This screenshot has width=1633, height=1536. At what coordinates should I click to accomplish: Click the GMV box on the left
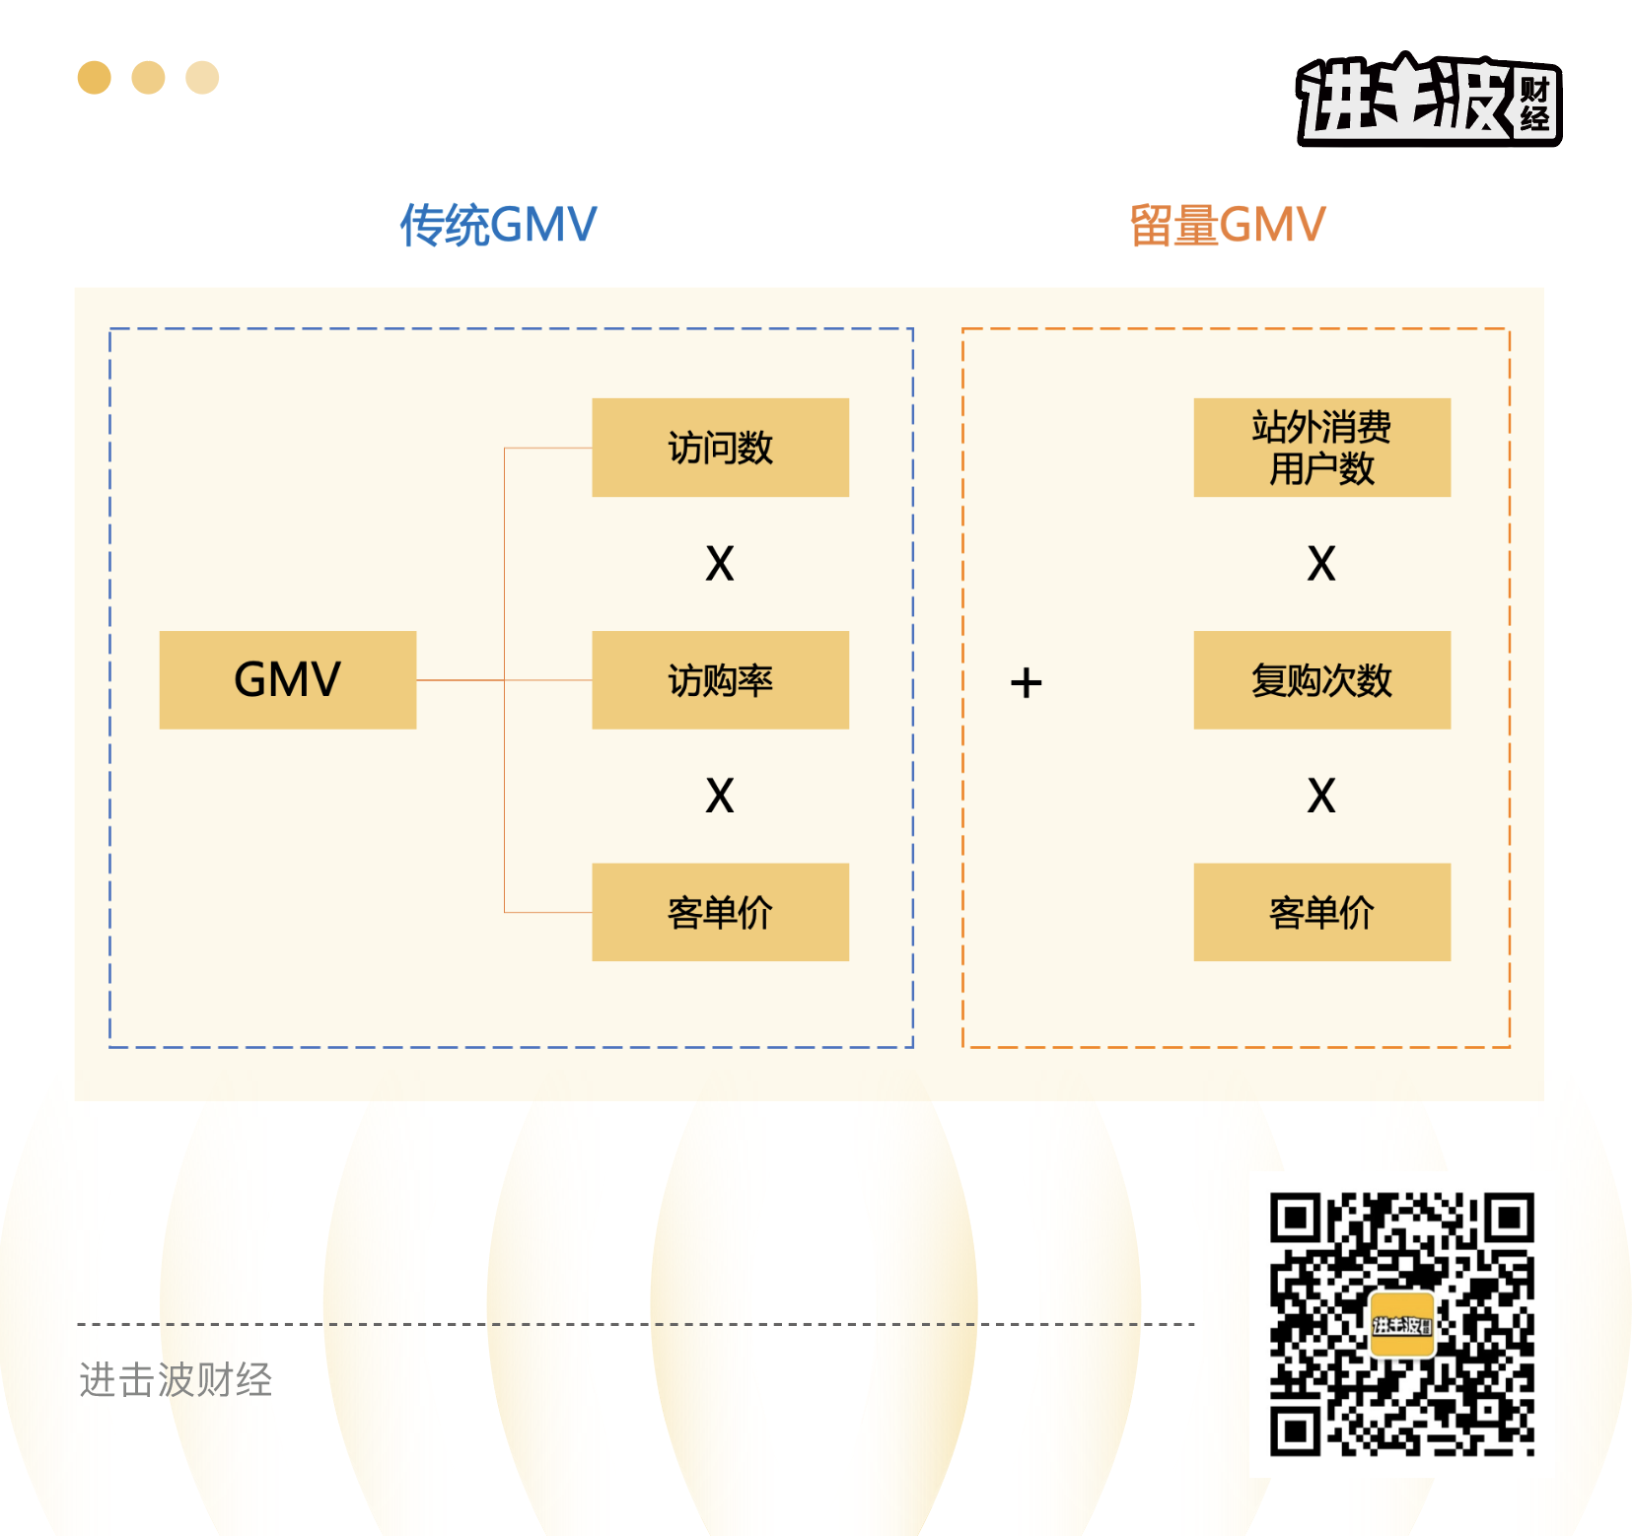point(287,679)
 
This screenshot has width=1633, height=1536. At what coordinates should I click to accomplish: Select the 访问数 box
point(720,448)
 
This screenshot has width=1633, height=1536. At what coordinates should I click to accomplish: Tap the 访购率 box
point(720,679)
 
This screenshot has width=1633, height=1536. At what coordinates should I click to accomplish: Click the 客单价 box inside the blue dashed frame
point(720,912)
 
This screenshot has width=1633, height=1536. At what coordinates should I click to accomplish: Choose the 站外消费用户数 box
point(1321,448)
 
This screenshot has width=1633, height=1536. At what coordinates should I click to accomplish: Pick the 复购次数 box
point(1321,679)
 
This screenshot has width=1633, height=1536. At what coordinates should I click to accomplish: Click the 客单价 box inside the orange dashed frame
point(1321,912)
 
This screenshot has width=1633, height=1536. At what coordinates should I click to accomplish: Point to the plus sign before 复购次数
point(1026,682)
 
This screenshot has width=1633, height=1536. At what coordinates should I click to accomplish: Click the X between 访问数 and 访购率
point(720,564)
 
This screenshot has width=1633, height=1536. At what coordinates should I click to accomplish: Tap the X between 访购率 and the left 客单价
point(720,796)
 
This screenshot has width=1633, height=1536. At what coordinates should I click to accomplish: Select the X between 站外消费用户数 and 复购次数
point(1321,564)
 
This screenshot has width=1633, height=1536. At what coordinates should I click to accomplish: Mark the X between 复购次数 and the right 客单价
point(1321,796)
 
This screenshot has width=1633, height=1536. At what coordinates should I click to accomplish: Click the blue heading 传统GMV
point(498,225)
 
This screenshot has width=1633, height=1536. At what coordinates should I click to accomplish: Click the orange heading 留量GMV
point(1227,225)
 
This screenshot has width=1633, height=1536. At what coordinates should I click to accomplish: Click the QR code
point(1401,1324)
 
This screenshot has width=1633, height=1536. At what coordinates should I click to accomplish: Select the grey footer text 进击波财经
point(176,1379)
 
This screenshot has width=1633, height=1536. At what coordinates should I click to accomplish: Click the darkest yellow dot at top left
point(95,78)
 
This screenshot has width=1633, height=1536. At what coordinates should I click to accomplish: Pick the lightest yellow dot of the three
point(202,78)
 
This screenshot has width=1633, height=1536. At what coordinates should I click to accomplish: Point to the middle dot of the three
point(148,78)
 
